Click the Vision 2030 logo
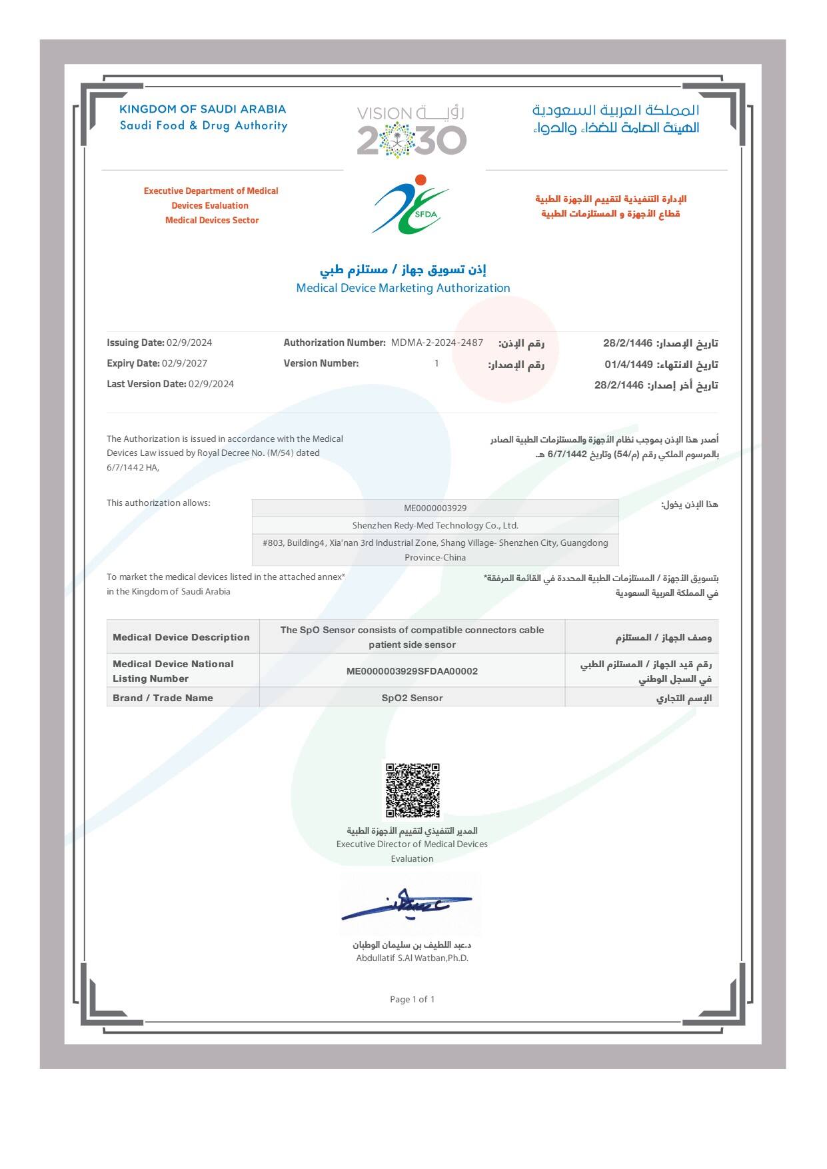[x=411, y=131]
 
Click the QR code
[x=413, y=790]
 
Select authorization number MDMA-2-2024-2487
[x=436, y=343]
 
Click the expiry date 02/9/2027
[x=185, y=363]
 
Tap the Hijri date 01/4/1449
[x=628, y=365]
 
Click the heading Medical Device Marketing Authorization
[x=403, y=288]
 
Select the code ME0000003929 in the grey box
[x=435, y=508]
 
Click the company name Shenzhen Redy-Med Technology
[x=435, y=525]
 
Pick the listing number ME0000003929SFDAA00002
[x=412, y=671]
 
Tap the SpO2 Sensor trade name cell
[x=412, y=698]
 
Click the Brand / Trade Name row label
[x=163, y=698]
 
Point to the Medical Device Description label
[x=181, y=637]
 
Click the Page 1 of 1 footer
[x=412, y=999]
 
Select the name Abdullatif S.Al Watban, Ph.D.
[x=412, y=958]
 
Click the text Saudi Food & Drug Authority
[x=203, y=125]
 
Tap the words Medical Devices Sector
[x=212, y=220]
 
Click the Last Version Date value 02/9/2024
[x=211, y=384]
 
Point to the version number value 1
[x=436, y=363]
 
